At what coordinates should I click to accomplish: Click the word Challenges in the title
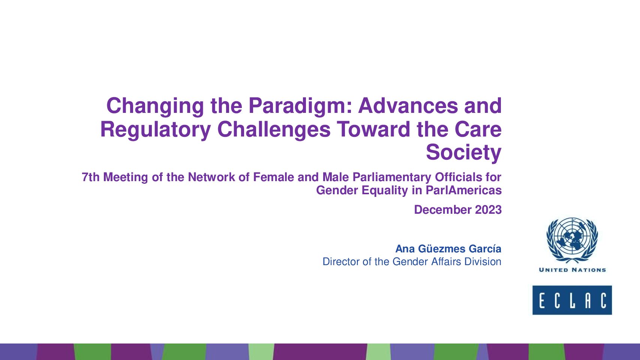click(274, 129)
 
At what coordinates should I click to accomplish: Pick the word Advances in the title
click(408, 106)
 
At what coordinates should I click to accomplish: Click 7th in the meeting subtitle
click(91, 177)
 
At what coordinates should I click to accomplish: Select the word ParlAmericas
click(464, 190)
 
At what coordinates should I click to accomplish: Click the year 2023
click(488, 210)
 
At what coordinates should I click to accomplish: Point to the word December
click(443, 210)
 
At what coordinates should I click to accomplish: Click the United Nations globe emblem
click(572, 240)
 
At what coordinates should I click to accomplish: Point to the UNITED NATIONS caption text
click(572, 270)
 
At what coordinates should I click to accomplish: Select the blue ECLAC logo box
click(572, 300)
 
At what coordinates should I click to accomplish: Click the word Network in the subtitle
click(212, 177)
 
